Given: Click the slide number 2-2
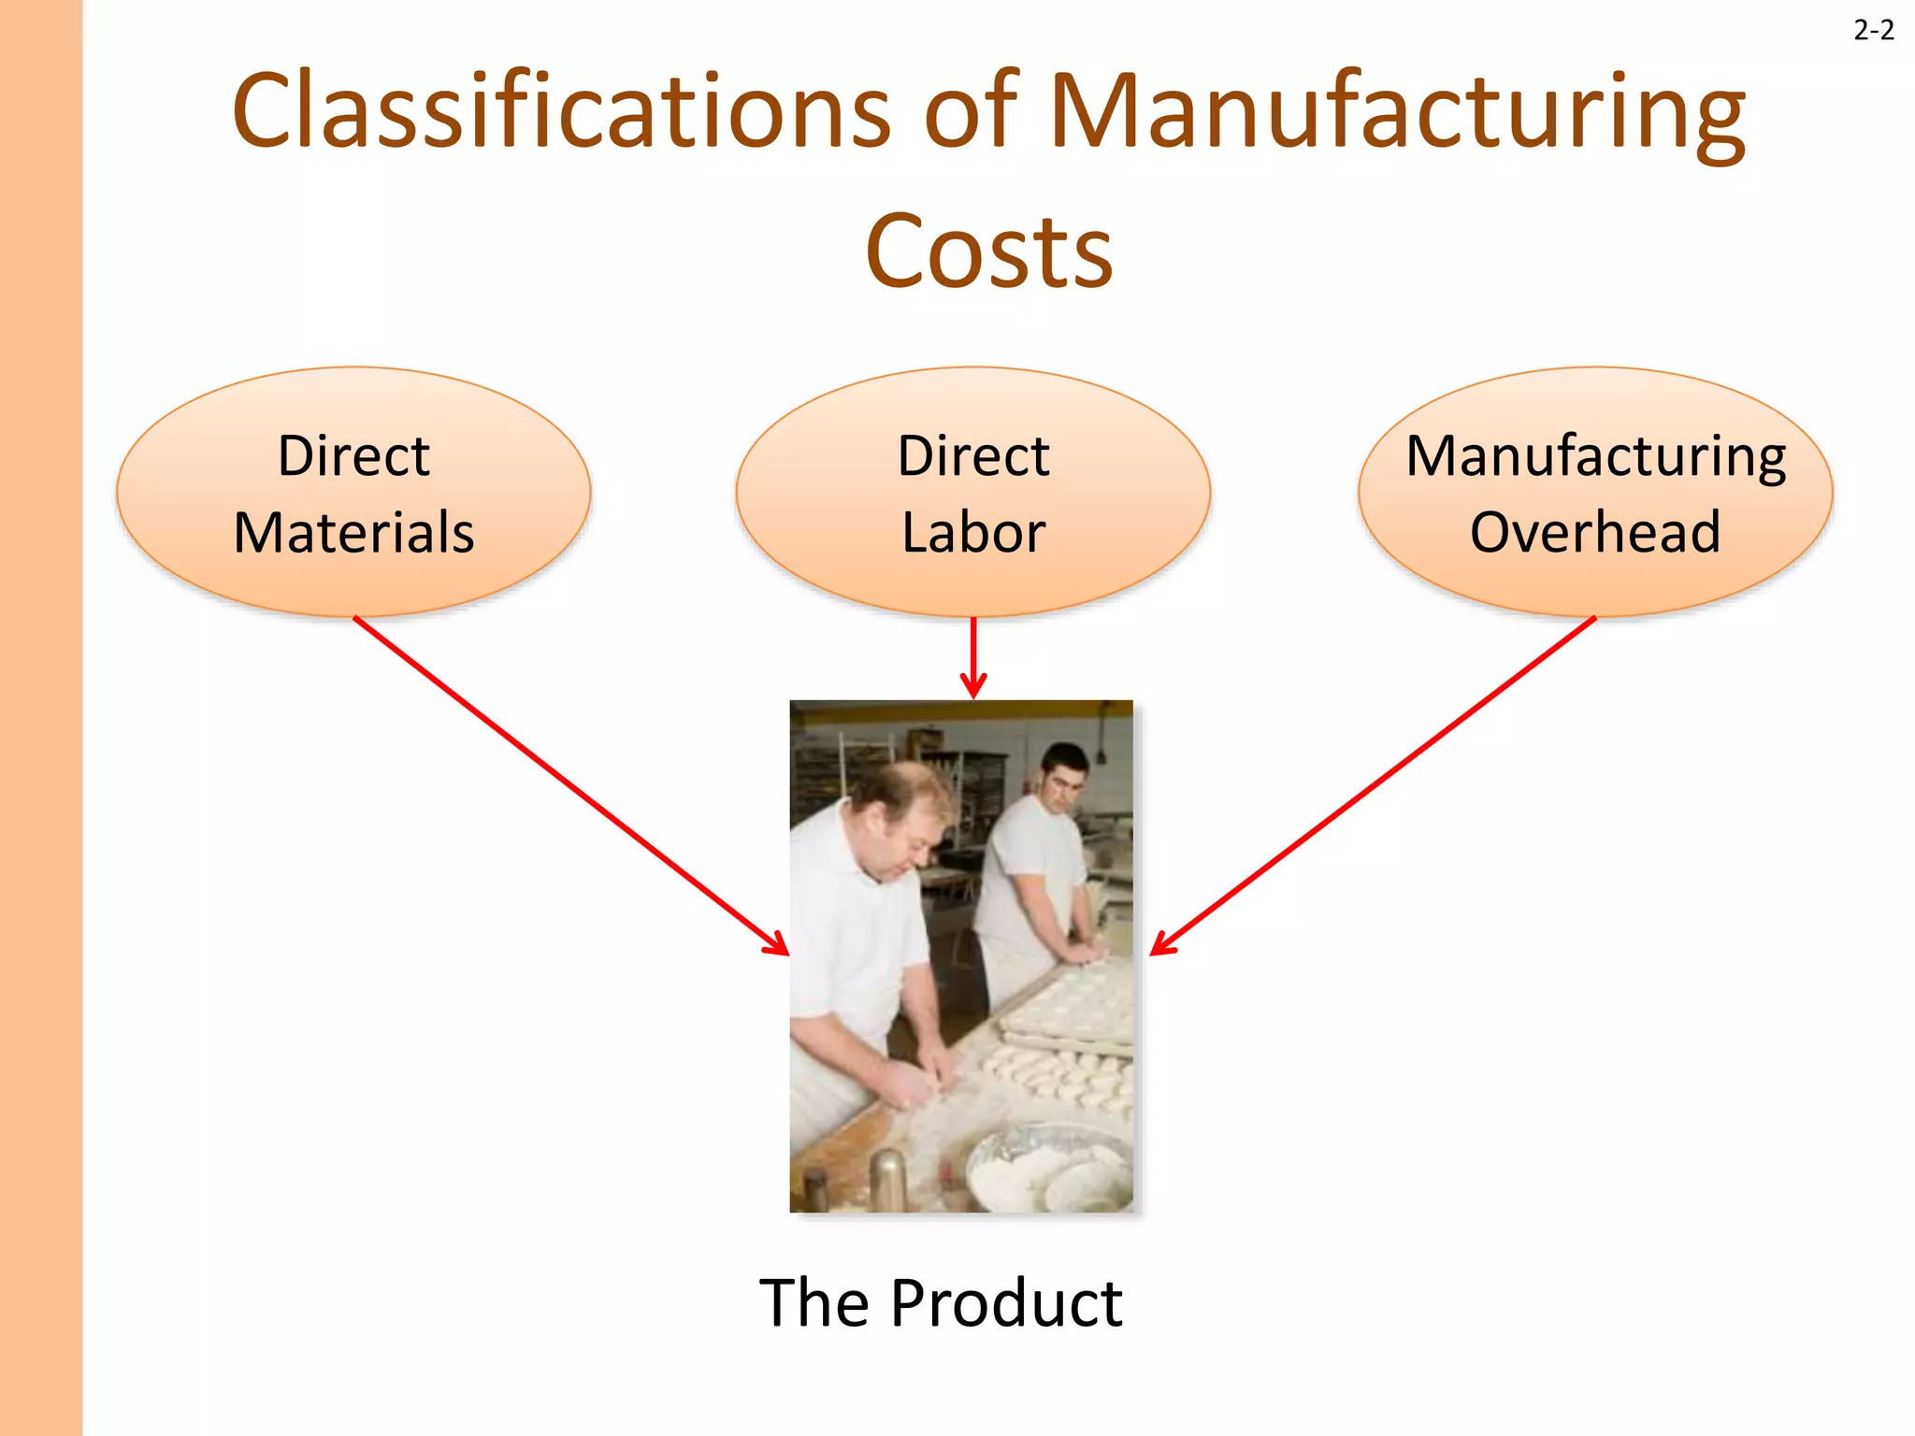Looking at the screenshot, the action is (x=1873, y=31).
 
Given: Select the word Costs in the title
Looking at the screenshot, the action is (x=988, y=251).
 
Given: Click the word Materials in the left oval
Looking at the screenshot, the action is (x=353, y=533).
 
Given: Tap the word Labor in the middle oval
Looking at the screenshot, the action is (x=972, y=533).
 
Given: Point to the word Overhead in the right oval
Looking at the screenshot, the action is (x=1595, y=533).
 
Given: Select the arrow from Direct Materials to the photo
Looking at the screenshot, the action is (x=570, y=785).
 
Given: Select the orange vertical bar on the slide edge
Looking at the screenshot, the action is (x=40, y=718).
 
